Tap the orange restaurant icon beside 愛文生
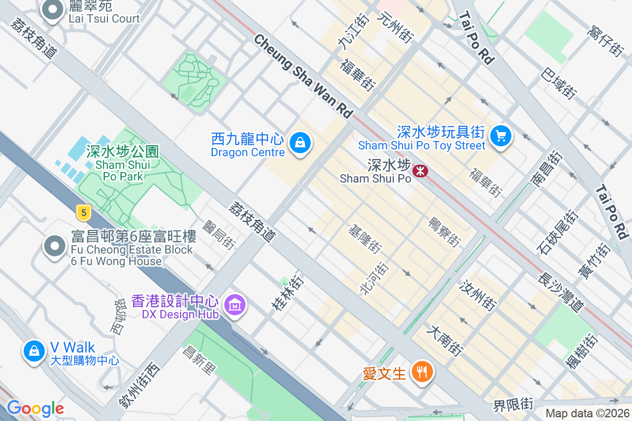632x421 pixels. pyautogui.click(x=421, y=373)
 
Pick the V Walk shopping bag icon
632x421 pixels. pyautogui.click(x=34, y=351)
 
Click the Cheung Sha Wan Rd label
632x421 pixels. pyautogui.click(x=302, y=75)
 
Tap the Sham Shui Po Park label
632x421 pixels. pyautogui.click(x=123, y=164)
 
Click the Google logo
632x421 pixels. pyautogui.click(x=35, y=408)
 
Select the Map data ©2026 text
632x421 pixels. pyautogui.click(x=587, y=414)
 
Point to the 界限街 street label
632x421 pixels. pyautogui.click(x=513, y=405)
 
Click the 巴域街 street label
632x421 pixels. pyautogui.click(x=558, y=82)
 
